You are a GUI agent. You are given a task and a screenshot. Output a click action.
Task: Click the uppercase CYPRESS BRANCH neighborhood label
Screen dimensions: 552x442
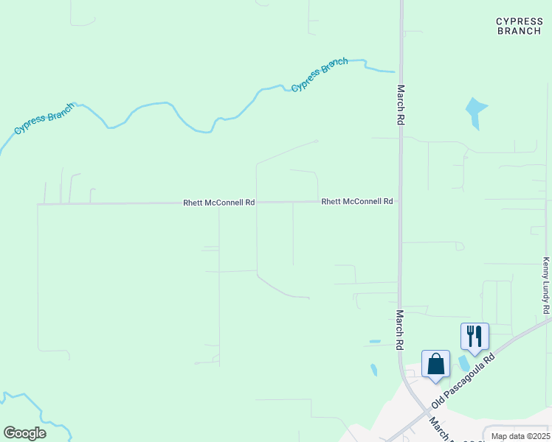pos(520,27)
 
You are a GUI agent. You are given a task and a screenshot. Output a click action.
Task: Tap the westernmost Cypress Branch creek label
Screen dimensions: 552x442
pos(44,122)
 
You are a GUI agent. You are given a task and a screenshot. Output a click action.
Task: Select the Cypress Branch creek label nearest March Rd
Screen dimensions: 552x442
pos(320,74)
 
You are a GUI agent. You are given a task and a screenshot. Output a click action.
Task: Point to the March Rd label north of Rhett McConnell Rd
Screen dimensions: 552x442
pos(401,104)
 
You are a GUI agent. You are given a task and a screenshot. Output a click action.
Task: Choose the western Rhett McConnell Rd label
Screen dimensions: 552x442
pos(219,202)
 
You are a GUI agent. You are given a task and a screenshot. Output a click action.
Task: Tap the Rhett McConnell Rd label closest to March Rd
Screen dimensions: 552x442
pos(356,201)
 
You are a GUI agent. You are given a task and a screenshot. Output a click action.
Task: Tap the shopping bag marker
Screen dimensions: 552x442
pos(435,364)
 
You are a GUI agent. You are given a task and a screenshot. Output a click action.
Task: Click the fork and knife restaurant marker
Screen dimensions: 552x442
pos(475,337)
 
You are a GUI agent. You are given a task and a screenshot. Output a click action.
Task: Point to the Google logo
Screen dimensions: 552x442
pos(24,433)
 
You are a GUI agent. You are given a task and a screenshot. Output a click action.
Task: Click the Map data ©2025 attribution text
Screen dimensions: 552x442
pos(519,436)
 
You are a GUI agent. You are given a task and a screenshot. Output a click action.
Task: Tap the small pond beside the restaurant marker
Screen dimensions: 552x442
pos(463,362)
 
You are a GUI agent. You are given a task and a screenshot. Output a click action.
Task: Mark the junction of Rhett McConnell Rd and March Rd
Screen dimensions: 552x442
pos(400,201)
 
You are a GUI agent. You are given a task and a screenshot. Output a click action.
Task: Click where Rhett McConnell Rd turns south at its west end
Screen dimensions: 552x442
pos(38,205)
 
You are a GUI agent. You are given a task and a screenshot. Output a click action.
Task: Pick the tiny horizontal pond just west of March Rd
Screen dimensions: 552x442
pos(375,342)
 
